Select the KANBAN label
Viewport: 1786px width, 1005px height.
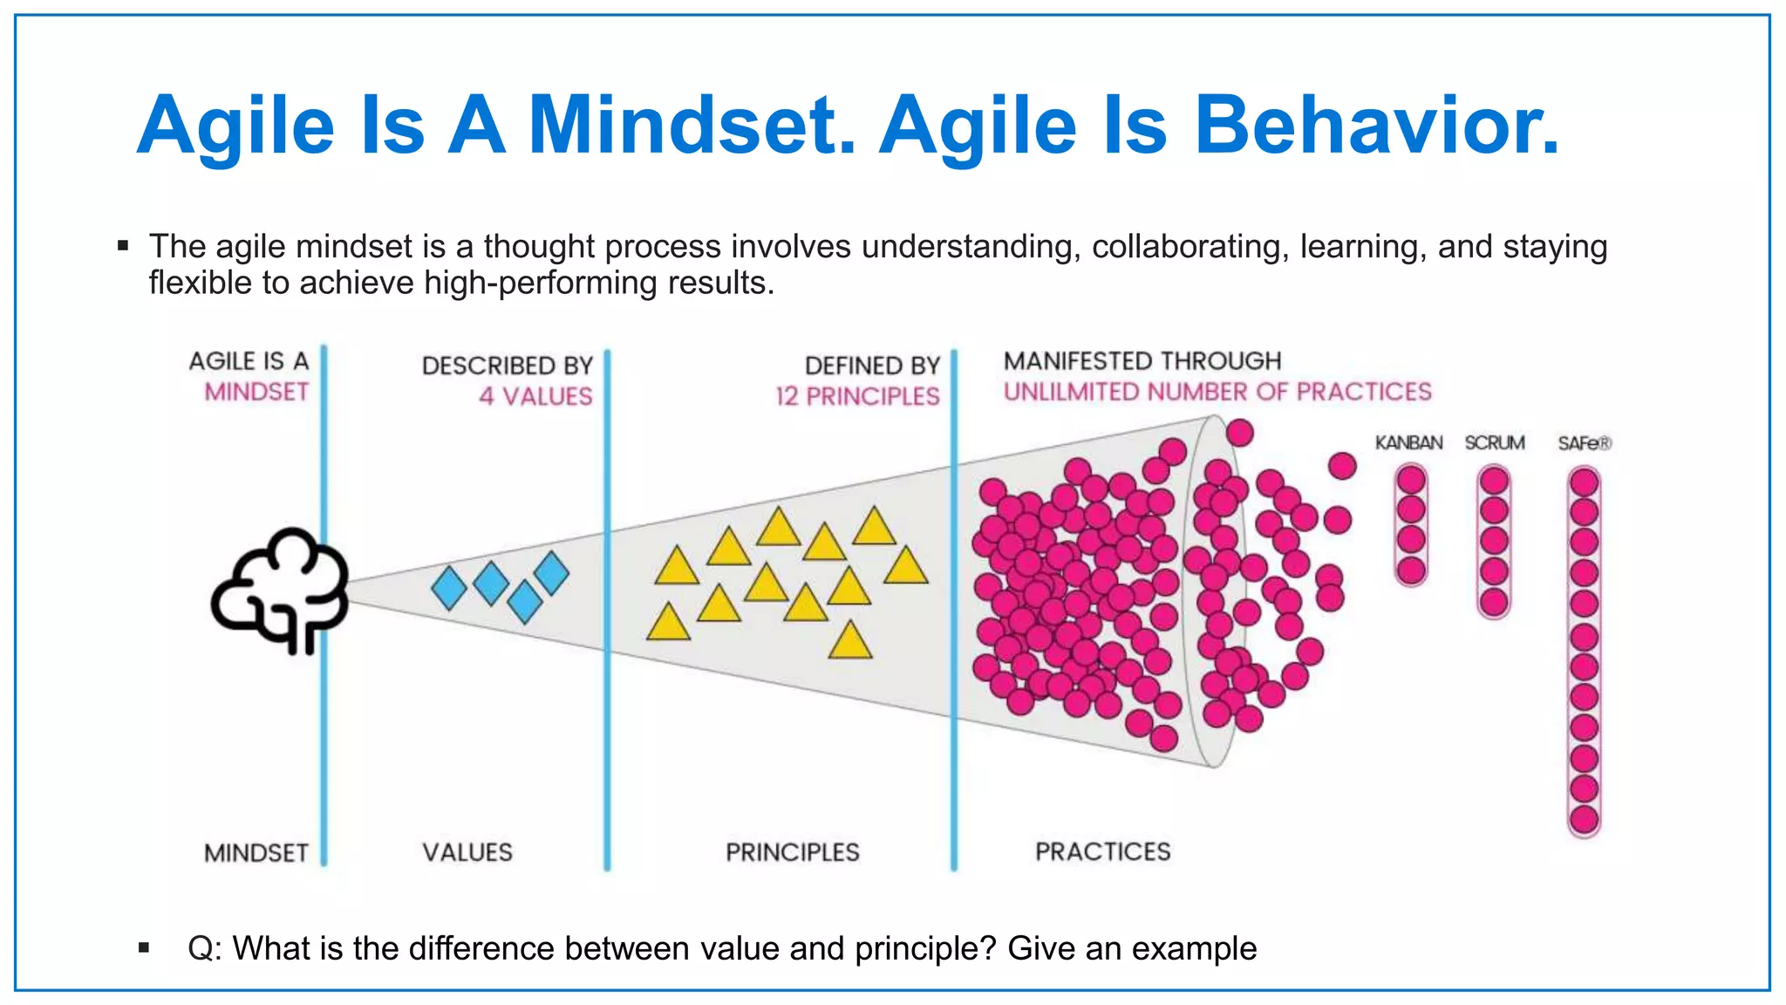pos(1408,443)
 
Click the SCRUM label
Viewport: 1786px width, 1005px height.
pos(1494,443)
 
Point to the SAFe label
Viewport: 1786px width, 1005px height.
pos(1584,443)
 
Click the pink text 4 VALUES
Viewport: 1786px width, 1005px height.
pos(535,397)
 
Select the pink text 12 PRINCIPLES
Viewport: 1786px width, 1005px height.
pos(857,397)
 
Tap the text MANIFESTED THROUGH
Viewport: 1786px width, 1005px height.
pos(1142,361)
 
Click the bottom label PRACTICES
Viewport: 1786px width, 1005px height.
pos(1102,851)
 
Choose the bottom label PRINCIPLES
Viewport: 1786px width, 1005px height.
pos(792,852)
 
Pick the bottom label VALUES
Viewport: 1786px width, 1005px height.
pos(467,852)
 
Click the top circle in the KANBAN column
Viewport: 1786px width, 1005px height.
pos(1411,480)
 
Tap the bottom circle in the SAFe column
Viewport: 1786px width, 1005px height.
pos(1584,819)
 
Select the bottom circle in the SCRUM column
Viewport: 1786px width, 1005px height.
pos(1494,601)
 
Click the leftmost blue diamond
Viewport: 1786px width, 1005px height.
pos(449,588)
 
